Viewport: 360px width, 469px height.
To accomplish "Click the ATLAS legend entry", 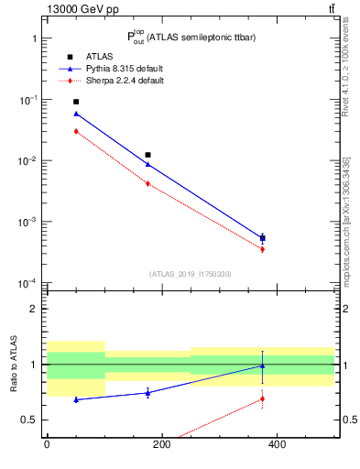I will click(98, 56).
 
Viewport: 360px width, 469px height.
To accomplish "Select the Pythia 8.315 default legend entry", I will click(125, 69).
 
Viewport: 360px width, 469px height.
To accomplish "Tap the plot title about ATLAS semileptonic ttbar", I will click(191, 38).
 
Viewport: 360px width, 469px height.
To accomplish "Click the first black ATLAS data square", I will click(76, 102).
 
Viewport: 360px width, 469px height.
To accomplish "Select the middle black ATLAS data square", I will click(147, 155).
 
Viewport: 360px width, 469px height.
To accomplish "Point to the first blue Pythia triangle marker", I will click(76, 114).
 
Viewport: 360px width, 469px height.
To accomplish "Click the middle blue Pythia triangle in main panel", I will click(147, 164).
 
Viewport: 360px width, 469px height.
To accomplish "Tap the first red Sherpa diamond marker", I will click(76, 131).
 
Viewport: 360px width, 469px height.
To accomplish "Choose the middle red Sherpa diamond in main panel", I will click(147, 183).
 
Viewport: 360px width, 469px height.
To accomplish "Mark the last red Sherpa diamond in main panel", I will click(263, 249).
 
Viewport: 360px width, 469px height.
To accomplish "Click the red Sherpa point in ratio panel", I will click(263, 398).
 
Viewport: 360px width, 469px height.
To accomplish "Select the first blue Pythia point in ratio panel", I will click(76, 399).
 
